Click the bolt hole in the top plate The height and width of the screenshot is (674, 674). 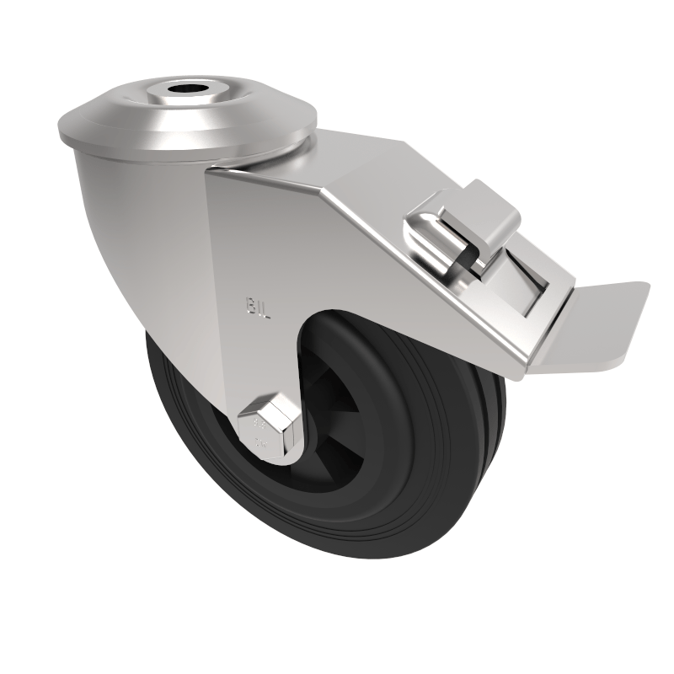click(182, 88)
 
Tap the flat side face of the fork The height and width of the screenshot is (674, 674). click(253, 253)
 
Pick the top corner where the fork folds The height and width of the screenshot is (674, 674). click(211, 173)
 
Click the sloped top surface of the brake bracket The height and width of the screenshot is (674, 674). click(354, 185)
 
